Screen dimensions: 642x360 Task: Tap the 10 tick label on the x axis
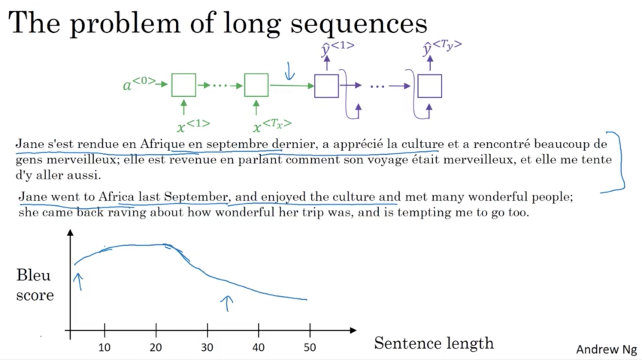click(104, 348)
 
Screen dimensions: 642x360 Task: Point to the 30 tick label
click(207, 348)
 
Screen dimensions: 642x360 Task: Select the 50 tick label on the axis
click(310, 348)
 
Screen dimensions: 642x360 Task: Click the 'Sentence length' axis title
click(434, 343)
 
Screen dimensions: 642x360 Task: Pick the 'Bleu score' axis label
click(35, 285)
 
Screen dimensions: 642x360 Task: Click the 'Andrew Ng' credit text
click(606, 349)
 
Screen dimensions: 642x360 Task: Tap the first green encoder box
click(184, 85)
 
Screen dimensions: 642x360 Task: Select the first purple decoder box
click(326, 86)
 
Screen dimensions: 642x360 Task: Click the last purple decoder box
click(429, 86)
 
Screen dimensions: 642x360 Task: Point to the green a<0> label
click(139, 83)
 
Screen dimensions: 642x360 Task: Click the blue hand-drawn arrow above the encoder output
click(289, 71)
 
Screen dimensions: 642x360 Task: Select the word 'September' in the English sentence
click(196, 197)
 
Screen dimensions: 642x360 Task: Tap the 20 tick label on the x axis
click(156, 348)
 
